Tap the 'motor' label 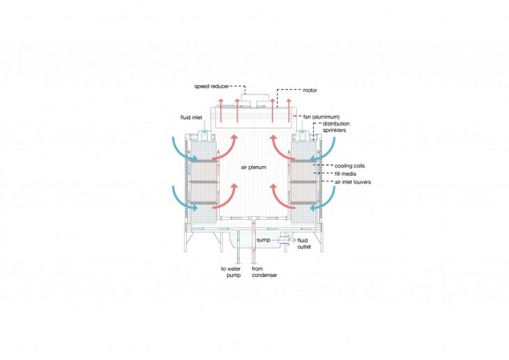click(310, 90)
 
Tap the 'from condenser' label click(264, 272)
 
